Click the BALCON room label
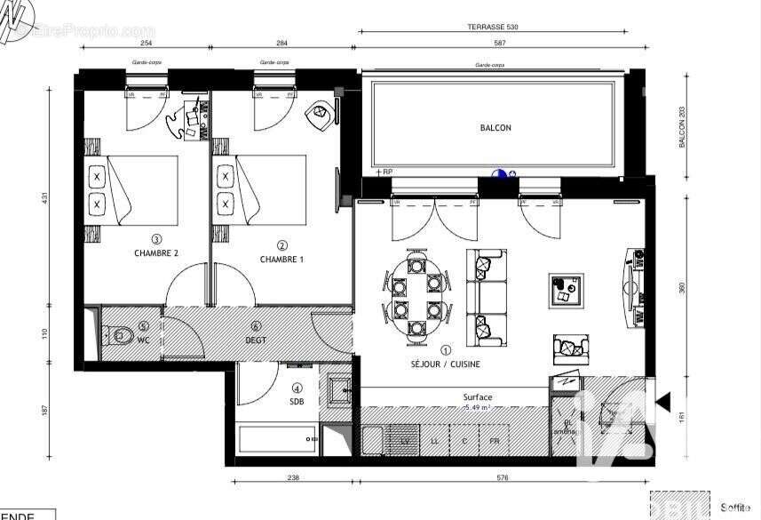[495, 128]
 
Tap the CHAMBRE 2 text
[156, 253]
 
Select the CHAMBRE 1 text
[281, 259]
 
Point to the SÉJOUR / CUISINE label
[445, 364]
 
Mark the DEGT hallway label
[256, 339]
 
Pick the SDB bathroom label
[297, 401]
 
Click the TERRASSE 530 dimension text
[493, 28]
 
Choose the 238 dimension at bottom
[294, 477]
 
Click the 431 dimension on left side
[44, 199]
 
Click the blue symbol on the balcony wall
[500, 174]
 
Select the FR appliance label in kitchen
[495, 440]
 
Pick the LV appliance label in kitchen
[405, 440]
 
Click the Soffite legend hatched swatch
[680, 505]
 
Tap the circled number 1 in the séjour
[445, 350]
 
